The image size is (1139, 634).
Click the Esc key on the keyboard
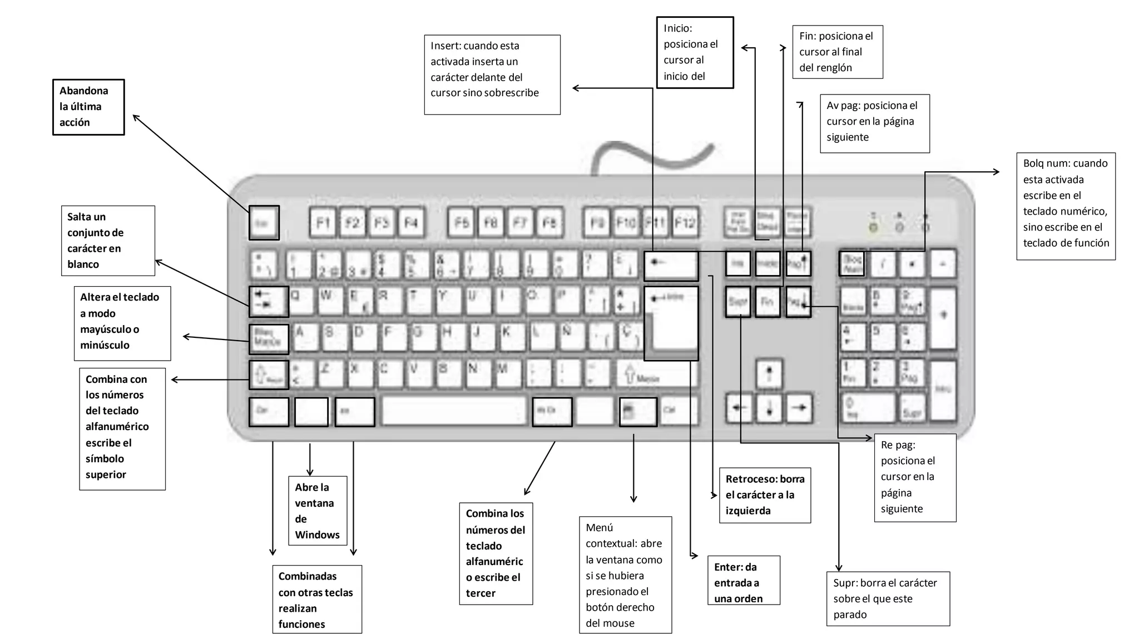264,223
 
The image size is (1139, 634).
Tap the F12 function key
685,223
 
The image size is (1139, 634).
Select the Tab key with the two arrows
269,302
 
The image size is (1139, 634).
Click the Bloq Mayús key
269,339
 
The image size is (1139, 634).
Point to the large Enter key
671,323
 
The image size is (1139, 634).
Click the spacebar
454,411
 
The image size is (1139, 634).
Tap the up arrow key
769,373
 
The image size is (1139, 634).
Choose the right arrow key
799,408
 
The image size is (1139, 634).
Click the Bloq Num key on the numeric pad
851,263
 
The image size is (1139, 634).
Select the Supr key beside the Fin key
738,302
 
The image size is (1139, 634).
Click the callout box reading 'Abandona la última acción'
88,107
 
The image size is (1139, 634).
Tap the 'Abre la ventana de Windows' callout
317,510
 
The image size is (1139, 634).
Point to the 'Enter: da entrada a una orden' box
743,581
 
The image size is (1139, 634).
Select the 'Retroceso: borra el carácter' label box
765,495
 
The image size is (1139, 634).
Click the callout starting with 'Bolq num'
1066,206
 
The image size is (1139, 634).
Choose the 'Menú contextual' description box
625,575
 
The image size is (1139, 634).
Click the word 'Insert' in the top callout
444,46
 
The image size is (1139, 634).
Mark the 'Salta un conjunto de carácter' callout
108,240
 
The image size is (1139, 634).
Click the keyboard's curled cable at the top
651,156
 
